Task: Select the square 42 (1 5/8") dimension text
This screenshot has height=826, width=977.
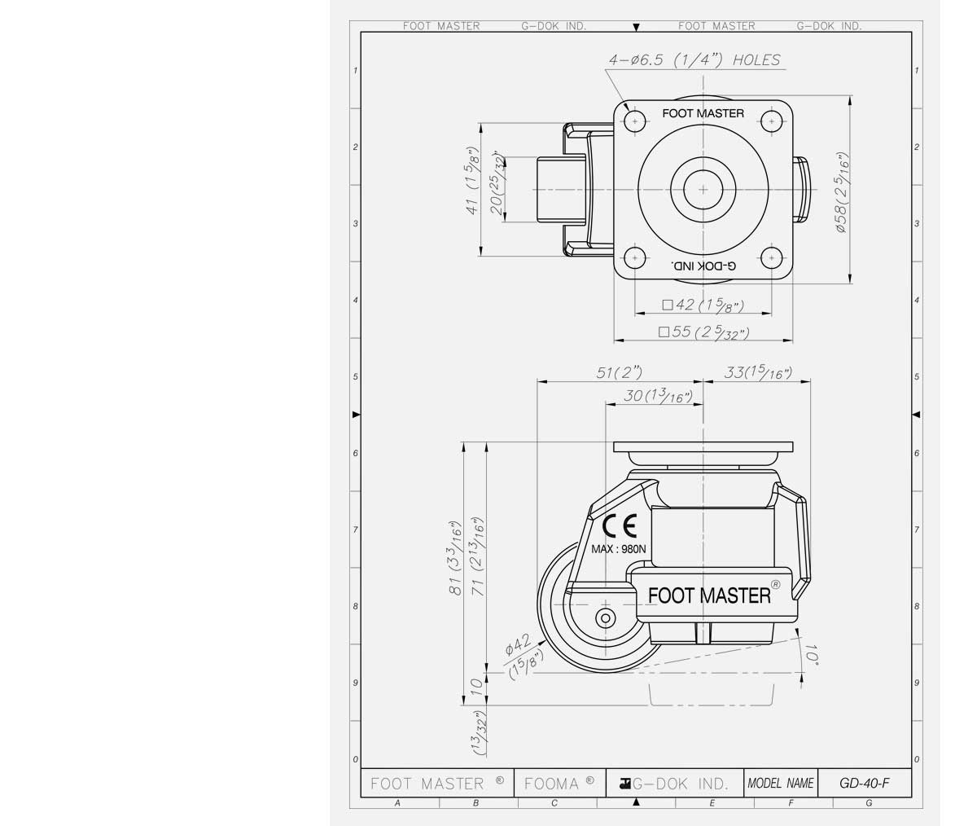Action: coord(703,305)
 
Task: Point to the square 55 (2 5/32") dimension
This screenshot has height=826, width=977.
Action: coord(703,332)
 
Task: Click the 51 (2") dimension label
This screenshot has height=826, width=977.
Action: coord(619,372)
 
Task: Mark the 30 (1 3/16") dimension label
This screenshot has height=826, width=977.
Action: coord(657,396)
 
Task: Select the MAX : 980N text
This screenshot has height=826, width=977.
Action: coord(619,549)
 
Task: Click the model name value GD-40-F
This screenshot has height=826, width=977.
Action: coord(864,784)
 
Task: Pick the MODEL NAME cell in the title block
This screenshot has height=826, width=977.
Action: coord(780,784)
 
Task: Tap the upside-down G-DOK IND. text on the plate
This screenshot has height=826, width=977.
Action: coord(703,266)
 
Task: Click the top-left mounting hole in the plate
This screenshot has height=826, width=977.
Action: coord(634,121)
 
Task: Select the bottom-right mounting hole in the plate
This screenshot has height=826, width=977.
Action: coord(770,258)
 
